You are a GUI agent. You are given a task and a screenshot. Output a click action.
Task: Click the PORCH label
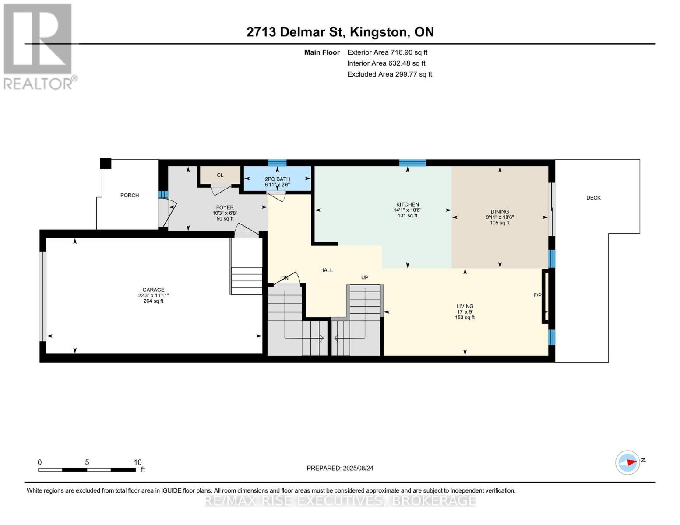[x=130, y=195]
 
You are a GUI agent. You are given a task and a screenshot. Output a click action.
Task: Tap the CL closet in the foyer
[x=220, y=175]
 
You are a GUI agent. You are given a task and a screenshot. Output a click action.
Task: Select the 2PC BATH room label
[x=277, y=179]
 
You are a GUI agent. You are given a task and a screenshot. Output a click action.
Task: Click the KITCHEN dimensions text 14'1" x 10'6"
[x=408, y=210]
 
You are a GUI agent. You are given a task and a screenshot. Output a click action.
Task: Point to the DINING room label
[x=500, y=212]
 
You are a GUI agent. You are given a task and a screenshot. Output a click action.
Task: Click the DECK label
[x=593, y=198]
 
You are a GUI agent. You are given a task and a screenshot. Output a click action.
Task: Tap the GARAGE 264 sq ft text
[x=153, y=301]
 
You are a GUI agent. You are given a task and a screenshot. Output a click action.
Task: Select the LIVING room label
[x=465, y=306]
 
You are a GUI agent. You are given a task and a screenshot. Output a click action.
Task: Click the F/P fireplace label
[x=537, y=295]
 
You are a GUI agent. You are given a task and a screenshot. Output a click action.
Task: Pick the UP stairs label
[x=365, y=277]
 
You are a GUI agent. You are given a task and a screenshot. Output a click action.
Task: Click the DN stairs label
[x=285, y=278]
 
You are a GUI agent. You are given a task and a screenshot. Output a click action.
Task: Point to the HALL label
[x=326, y=270]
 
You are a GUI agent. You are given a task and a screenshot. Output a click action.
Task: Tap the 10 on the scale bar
[x=137, y=462]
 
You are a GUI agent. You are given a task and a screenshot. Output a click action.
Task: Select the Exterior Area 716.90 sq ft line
[x=387, y=52]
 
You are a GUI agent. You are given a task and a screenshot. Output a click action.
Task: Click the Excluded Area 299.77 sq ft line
[x=390, y=74]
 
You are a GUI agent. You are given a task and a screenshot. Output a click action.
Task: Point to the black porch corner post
[x=106, y=163]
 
